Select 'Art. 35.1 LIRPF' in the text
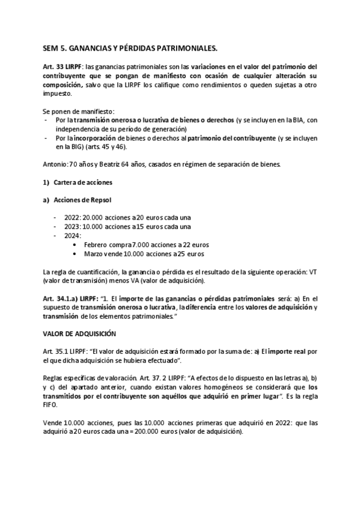click(x=66, y=351)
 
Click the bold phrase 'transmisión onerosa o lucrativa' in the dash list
click(x=121, y=120)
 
